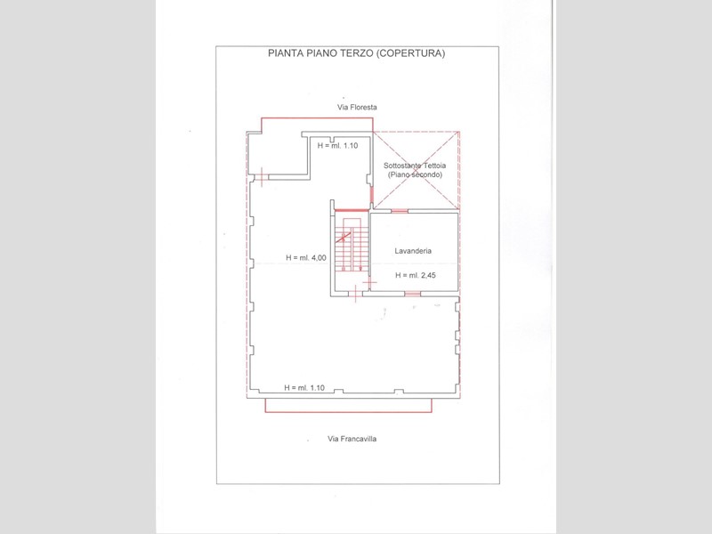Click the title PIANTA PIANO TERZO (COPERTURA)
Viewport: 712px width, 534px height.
coord(357,53)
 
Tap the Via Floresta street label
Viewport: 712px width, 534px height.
coord(357,107)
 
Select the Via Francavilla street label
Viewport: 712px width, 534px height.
coord(352,439)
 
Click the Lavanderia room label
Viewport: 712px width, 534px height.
coord(413,251)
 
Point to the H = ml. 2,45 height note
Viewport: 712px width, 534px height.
coord(416,275)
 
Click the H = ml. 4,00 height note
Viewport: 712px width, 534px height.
coord(306,257)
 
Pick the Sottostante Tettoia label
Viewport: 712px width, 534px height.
coord(415,166)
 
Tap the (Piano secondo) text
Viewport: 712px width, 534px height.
coord(415,174)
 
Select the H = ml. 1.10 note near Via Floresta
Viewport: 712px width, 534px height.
coord(337,146)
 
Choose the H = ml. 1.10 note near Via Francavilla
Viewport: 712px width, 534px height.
coord(304,388)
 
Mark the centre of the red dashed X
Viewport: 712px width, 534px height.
coord(416,170)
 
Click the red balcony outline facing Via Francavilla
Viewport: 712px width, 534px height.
coord(348,412)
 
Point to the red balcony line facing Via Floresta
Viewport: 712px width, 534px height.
coord(317,118)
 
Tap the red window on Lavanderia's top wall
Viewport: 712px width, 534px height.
coord(400,211)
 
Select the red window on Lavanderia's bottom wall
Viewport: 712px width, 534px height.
coord(412,295)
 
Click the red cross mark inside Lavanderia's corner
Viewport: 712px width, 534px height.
coord(370,283)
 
